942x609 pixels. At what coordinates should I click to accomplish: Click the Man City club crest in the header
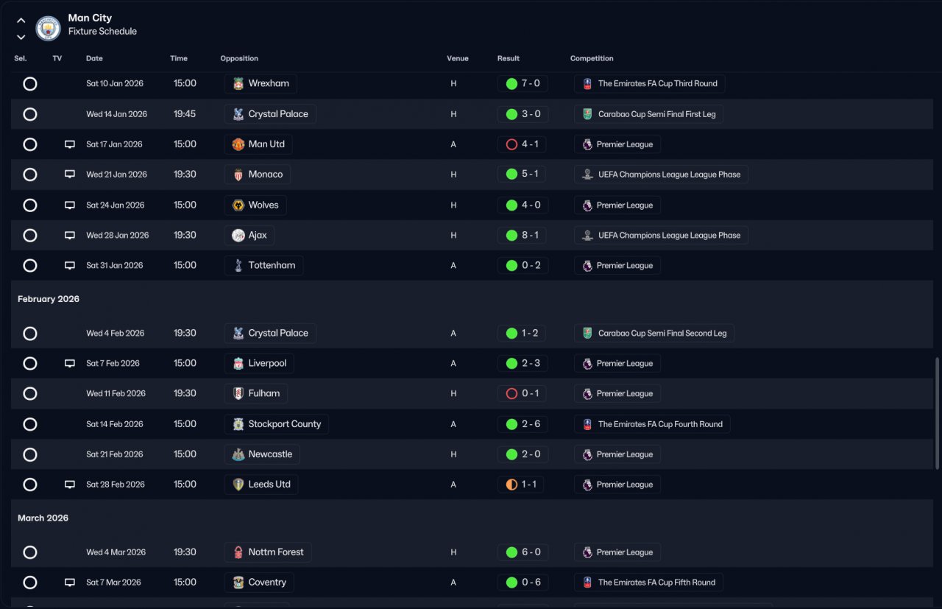[x=48, y=28]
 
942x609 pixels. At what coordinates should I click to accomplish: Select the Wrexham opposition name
[x=269, y=83]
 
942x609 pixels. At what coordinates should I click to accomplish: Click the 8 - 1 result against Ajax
[x=530, y=235]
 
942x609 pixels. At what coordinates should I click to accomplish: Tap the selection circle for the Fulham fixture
[x=30, y=393]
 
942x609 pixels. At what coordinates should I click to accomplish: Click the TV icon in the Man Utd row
[x=70, y=144]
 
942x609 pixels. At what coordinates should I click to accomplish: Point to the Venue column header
[x=458, y=58]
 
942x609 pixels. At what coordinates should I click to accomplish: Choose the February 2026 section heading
[x=49, y=299]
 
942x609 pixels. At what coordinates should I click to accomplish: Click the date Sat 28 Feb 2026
[x=116, y=485]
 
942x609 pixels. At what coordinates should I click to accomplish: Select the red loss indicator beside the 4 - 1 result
[x=511, y=144]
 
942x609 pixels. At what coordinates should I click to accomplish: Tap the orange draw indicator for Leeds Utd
[x=511, y=485]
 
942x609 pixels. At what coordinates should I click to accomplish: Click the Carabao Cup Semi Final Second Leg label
[x=662, y=334]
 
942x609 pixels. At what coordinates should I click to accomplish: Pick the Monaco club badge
[x=238, y=175]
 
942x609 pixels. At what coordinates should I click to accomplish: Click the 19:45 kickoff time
[x=185, y=113]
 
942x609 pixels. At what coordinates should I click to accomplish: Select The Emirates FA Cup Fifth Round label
[x=656, y=582]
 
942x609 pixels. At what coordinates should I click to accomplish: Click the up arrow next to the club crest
[x=21, y=20]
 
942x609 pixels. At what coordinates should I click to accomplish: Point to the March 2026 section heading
[x=43, y=518]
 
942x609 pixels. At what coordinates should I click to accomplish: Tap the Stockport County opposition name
[x=284, y=424]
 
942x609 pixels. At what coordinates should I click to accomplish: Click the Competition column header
[x=592, y=58]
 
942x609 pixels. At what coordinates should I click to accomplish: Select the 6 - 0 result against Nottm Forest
[x=531, y=552]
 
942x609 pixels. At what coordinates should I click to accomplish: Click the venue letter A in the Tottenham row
[x=453, y=266]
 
